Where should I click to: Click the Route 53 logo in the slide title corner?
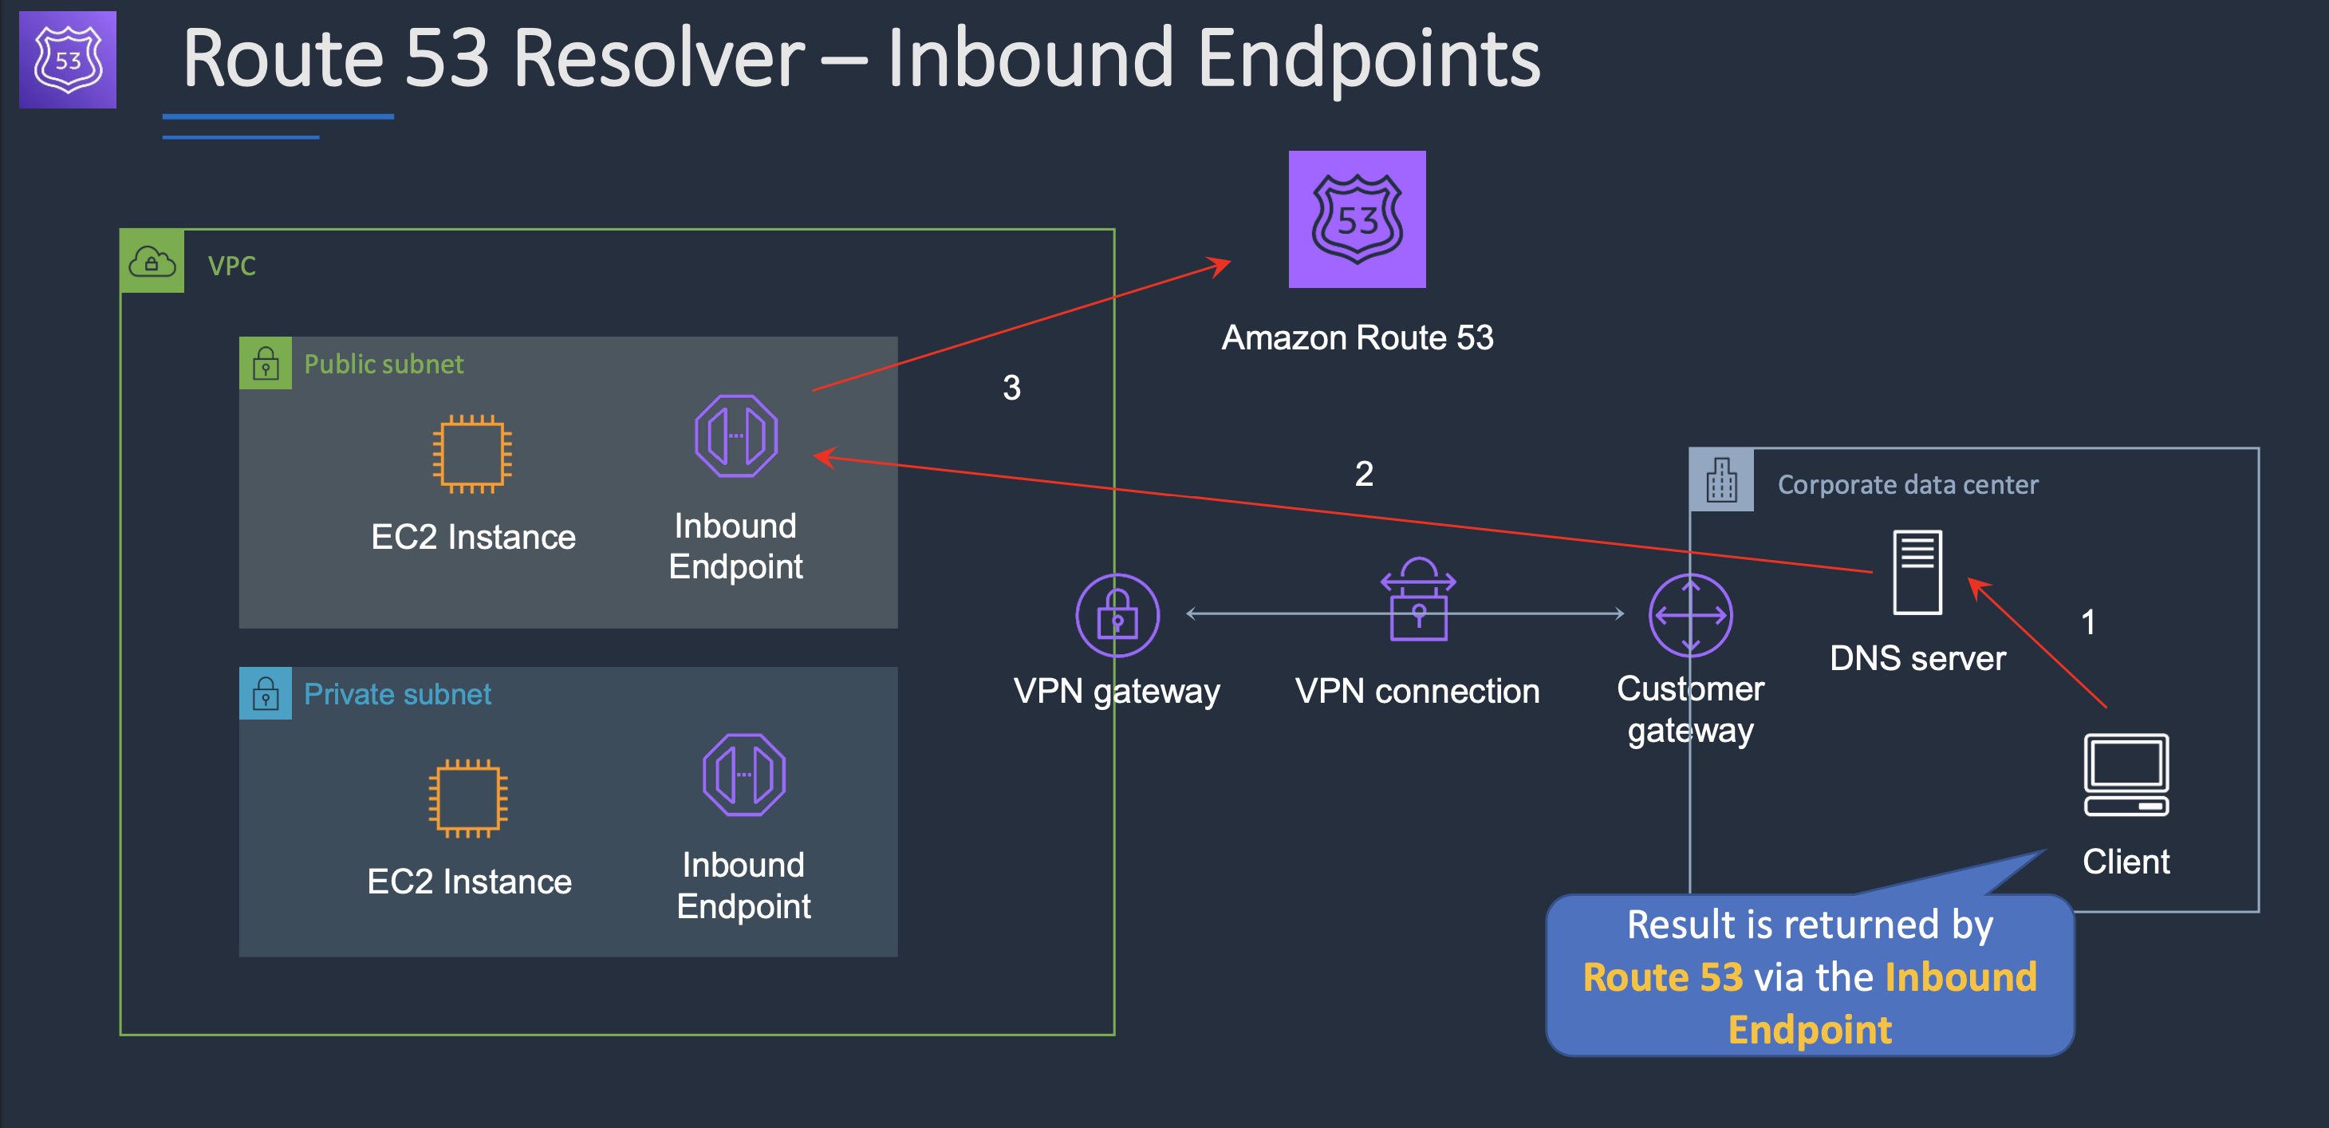(68, 60)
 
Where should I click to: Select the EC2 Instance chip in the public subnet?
(472, 453)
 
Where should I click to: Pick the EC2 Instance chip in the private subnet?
(467, 798)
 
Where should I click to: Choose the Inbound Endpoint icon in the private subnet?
(744, 775)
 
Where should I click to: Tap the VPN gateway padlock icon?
(1117, 615)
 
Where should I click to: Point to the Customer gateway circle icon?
(1690, 615)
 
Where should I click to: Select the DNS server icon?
(1917, 572)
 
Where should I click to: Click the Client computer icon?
(2126, 775)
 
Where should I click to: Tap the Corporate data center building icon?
(1721, 479)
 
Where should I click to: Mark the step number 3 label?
(1011, 388)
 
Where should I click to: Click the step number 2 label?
(1363, 474)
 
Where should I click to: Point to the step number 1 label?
(2087, 622)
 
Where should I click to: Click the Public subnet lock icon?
(266, 364)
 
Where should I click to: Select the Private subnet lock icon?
(266, 694)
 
